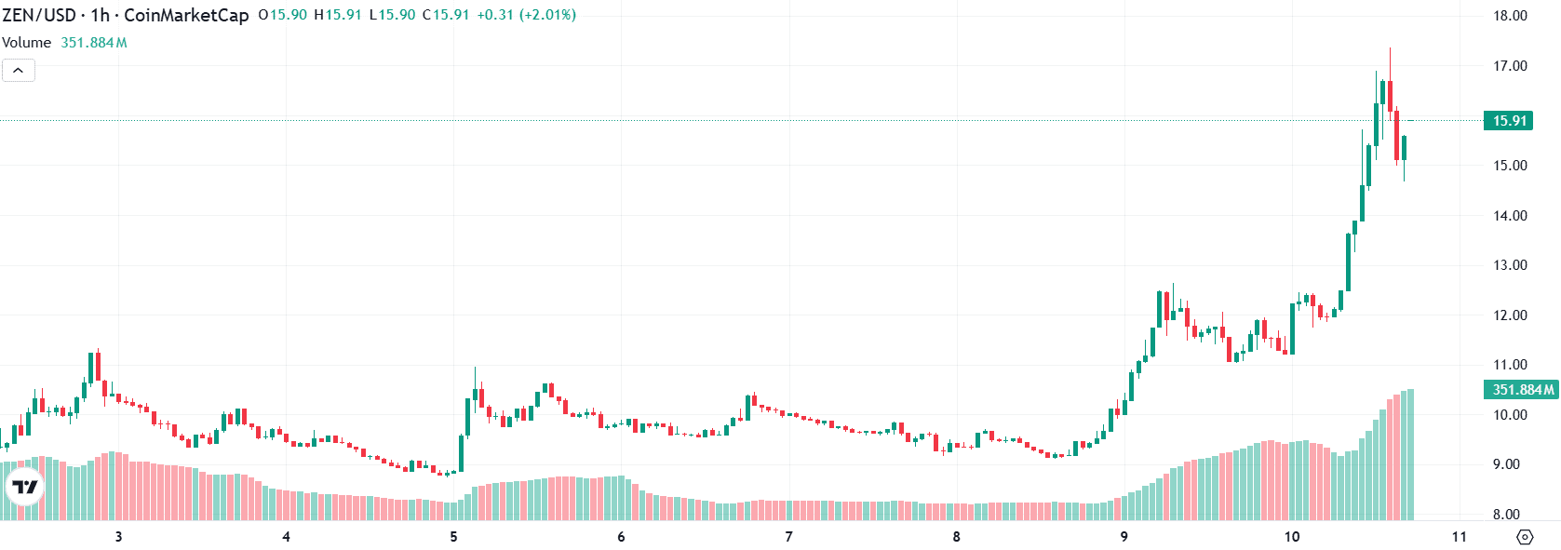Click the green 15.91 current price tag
click(x=1508, y=121)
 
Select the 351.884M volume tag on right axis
click(x=1521, y=390)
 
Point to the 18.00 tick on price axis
click(x=1510, y=16)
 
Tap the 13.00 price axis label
click(x=1510, y=265)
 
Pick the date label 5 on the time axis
click(x=453, y=537)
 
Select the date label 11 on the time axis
click(x=1459, y=537)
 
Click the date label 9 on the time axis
click(x=1124, y=537)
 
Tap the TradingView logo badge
click(x=25, y=487)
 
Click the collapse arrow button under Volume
click(x=19, y=71)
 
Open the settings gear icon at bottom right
click(x=1525, y=537)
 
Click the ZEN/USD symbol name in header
click(x=38, y=15)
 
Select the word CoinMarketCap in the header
click(x=186, y=15)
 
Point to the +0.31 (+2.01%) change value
click(x=526, y=15)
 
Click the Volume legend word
click(x=26, y=43)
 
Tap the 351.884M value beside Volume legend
click(x=94, y=43)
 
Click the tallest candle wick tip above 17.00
click(x=1390, y=49)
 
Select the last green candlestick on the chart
click(x=1404, y=147)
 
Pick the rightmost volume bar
click(x=1410, y=454)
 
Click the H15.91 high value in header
click(x=338, y=15)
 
